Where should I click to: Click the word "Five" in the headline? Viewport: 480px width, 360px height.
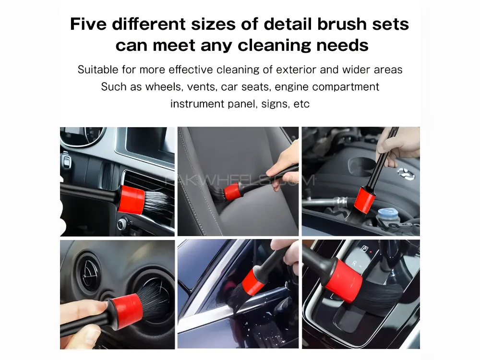[x=88, y=24]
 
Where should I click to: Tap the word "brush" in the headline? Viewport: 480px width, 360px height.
[x=342, y=24]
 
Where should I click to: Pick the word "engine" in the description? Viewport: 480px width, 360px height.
[x=292, y=87]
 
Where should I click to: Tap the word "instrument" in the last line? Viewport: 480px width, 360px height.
[x=197, y=104]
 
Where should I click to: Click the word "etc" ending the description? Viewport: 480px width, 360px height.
[x=301, y=104]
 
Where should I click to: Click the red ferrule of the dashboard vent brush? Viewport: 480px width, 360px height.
[x=132, y=200]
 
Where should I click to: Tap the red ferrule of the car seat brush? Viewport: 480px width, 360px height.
[x=232, y=191]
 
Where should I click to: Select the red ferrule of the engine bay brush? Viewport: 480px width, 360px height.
[x=365, y=200]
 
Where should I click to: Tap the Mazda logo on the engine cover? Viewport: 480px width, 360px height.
[x=406, y=173]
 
